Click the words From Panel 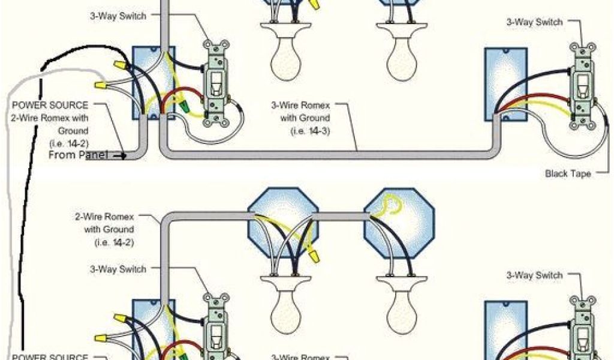coord(79,155)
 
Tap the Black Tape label coord(567,173)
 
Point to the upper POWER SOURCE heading coord(50,104)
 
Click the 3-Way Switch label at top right coord(534,22)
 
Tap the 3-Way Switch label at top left coord(118,16)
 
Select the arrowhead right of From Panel coord(124,156)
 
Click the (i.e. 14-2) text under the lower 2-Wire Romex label coord(114,242)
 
